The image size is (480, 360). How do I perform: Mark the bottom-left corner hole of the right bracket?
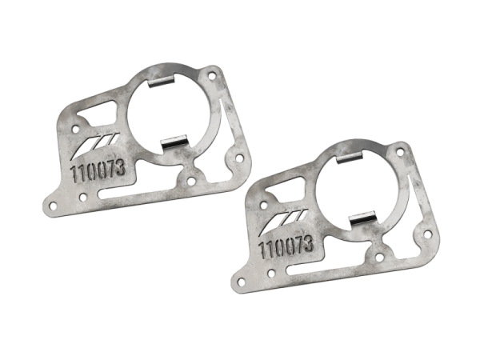pyautogui.click(x=238, y=279)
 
